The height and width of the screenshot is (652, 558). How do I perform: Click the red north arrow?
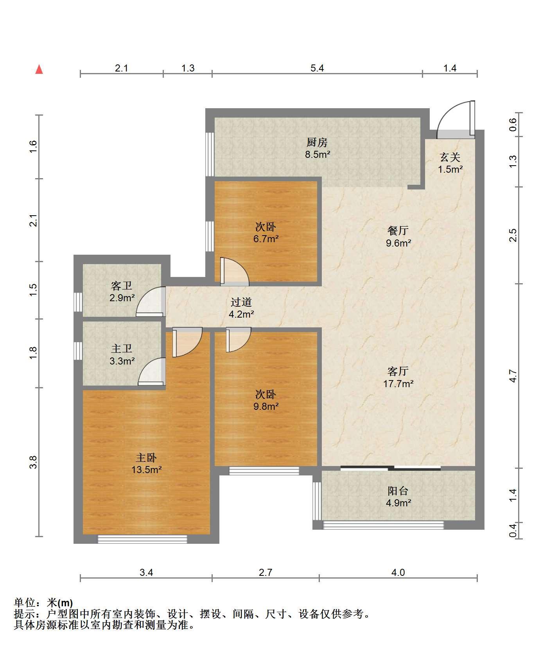39,69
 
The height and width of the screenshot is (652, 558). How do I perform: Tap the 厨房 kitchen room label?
317,142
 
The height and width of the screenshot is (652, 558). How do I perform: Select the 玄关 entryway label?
450,157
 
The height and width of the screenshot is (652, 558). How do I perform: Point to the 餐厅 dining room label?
398,230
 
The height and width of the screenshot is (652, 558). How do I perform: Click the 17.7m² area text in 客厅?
398,384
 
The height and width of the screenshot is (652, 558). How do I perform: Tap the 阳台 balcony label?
398,491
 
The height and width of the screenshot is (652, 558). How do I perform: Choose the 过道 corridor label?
241,302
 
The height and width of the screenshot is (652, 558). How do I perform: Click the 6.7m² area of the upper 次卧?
266,239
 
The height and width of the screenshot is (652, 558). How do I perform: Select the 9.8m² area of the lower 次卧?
266,406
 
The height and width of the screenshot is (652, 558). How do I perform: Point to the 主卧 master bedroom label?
146,457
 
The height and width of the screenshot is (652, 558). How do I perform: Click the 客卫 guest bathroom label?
122,286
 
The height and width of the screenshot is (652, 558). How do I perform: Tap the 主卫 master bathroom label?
122,348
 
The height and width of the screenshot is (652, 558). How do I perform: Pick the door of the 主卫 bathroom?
151,372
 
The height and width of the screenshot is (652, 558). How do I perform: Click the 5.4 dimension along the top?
317,68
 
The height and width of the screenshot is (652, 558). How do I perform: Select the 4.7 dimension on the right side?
513,376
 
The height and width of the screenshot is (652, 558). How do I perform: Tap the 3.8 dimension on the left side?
34,462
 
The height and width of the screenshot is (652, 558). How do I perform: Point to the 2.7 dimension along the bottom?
266,572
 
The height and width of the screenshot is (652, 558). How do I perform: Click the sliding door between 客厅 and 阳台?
391,468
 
